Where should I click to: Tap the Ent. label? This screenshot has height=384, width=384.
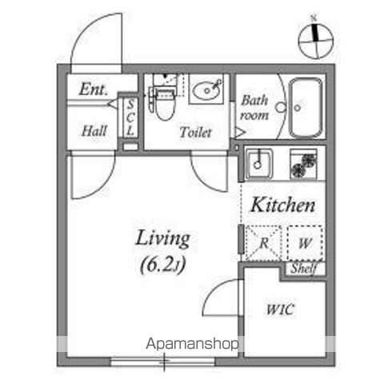coord(94,89)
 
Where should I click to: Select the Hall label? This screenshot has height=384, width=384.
coord(94,130)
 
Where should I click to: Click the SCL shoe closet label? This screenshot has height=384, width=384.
coord(130,118)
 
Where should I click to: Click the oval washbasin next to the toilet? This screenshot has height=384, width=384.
coord(206,90)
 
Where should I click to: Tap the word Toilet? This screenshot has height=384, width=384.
coord(195,132)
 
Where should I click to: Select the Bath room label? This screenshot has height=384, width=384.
coord(254,108)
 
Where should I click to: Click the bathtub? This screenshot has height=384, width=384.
coord(306,107)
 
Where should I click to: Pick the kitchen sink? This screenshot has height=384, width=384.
coord(258,163)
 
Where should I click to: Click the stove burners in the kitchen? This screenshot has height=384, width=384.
coord(303,163)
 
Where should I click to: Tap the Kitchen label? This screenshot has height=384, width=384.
coord(282,205)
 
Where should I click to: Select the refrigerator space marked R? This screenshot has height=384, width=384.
coord(263,243)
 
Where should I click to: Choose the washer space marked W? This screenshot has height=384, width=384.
coord(305,243)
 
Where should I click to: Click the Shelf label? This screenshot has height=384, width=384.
coord(304,269)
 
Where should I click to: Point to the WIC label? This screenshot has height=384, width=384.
coord(280,310)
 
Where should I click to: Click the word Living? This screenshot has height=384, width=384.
coord(163,239)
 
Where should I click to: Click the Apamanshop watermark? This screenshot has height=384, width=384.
coord(192,344)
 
